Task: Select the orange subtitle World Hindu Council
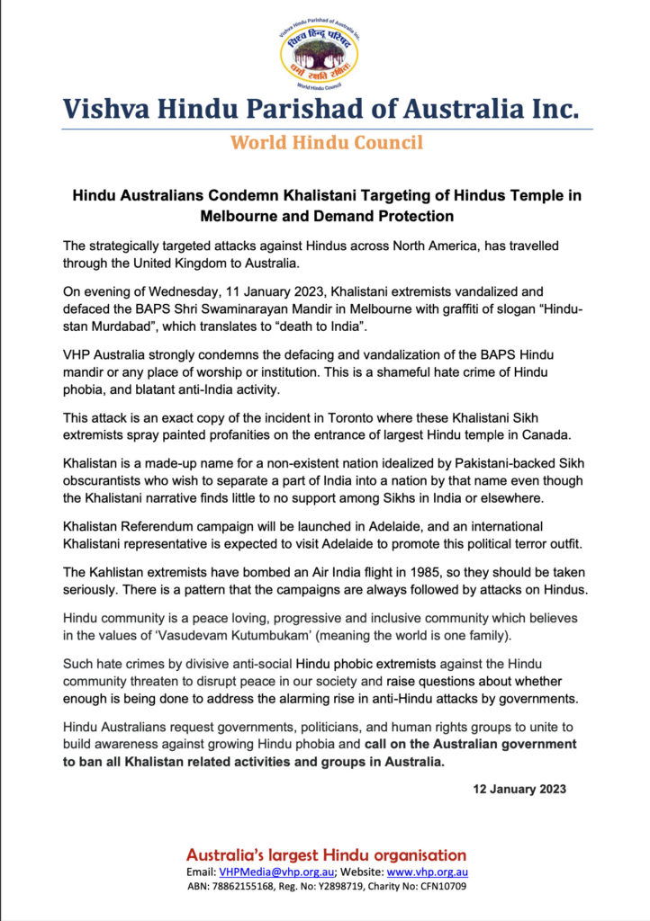pos(325,142)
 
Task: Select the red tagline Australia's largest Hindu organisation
pos(325,854)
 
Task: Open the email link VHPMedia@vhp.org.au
pos(276,872)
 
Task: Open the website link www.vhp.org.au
pos(428,872)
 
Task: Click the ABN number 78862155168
pos(244,886)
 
